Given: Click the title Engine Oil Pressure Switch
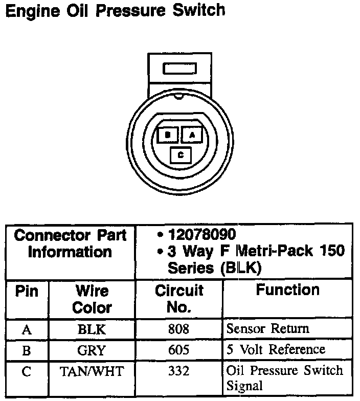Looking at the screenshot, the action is point(115,11).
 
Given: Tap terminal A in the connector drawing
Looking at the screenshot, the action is point(192,135).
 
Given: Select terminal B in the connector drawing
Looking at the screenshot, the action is point(168,135).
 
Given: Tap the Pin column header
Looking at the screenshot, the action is point(27,291).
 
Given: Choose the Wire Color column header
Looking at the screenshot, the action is point(92,299).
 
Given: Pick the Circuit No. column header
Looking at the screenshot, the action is point(179,299).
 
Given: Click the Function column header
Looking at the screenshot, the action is point(287,291).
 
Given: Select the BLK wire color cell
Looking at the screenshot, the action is point(92,329).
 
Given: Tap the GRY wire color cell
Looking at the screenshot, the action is point(92,350).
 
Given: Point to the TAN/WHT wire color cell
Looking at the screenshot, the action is point(92,371).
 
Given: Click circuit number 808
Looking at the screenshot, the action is point(178,329).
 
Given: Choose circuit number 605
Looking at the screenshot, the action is point(178,350).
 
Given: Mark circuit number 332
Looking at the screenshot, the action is point(178,371).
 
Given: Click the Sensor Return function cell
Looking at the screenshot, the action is point(267,328).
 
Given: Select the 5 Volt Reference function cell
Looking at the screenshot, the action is point(275,350).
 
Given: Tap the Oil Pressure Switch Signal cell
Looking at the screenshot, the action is point(284,378).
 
